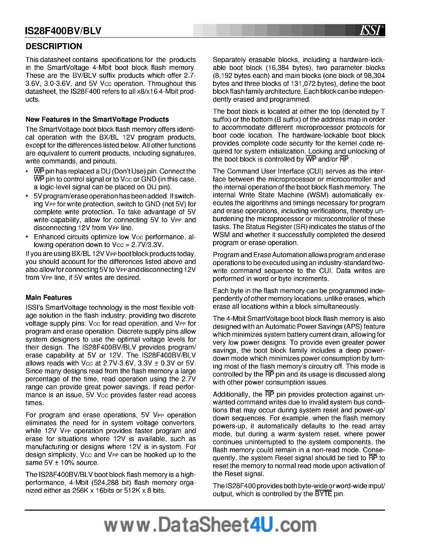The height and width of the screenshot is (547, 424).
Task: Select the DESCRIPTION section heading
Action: (54, 46)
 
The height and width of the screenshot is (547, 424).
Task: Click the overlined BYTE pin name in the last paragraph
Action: (323, 494)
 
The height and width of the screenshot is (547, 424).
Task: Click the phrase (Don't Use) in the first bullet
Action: (129, 171)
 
